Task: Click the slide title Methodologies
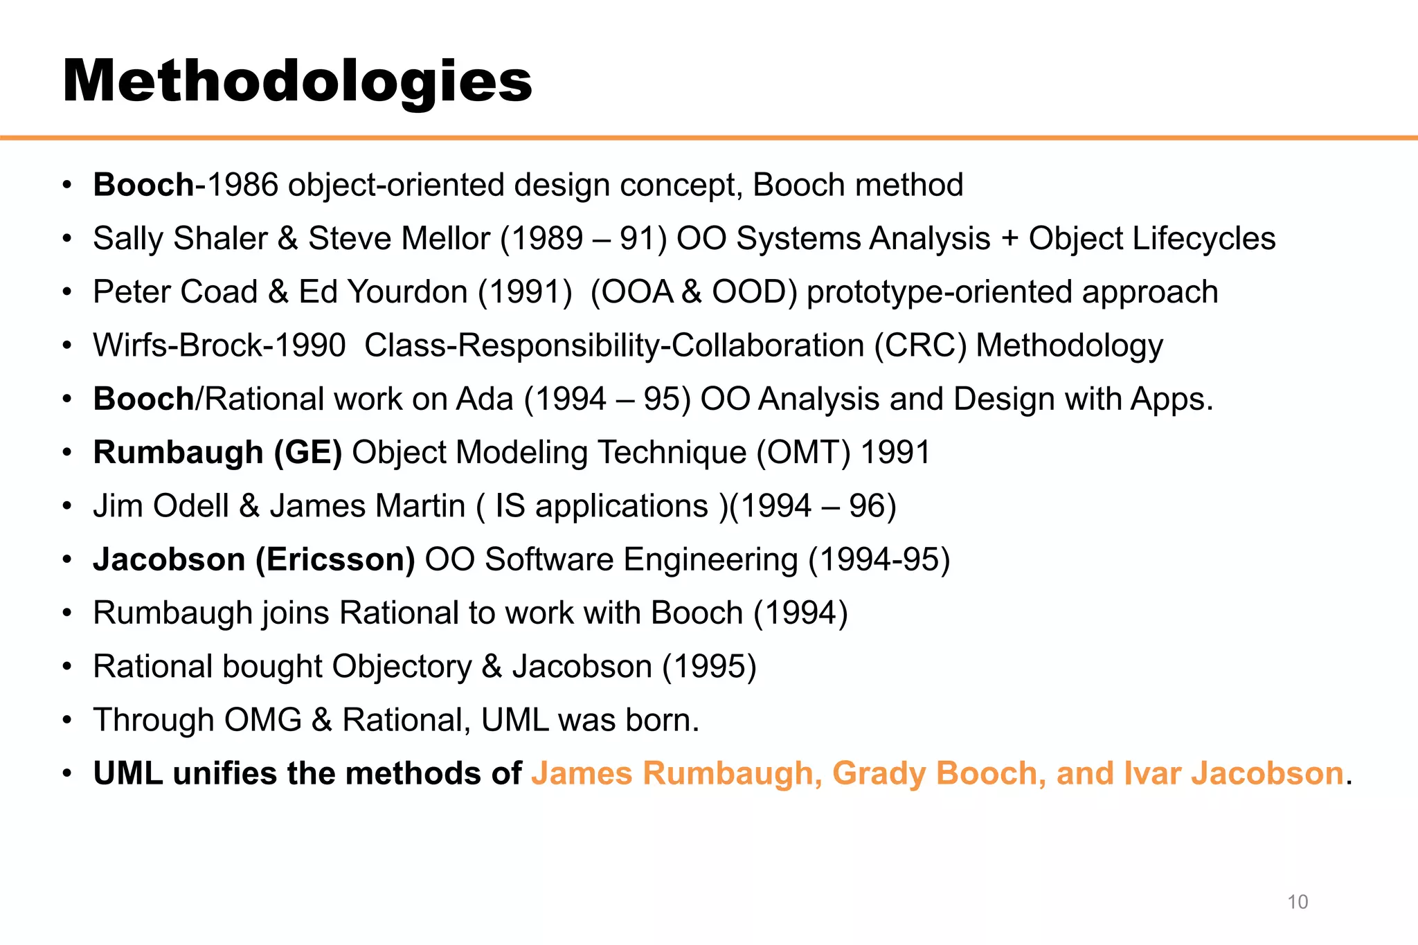(297, 82)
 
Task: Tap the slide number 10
(1297, 902)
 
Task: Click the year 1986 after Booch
(242, 185)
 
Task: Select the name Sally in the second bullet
(128, 239)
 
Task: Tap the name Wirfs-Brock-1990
(219, 345)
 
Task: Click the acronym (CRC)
(920, 345)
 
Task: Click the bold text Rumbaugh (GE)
(217, 453)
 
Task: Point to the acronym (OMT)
(803, 453)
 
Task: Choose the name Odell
(191, 506)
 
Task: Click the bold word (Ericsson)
(335, 559)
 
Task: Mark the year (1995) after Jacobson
(709, 667)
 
